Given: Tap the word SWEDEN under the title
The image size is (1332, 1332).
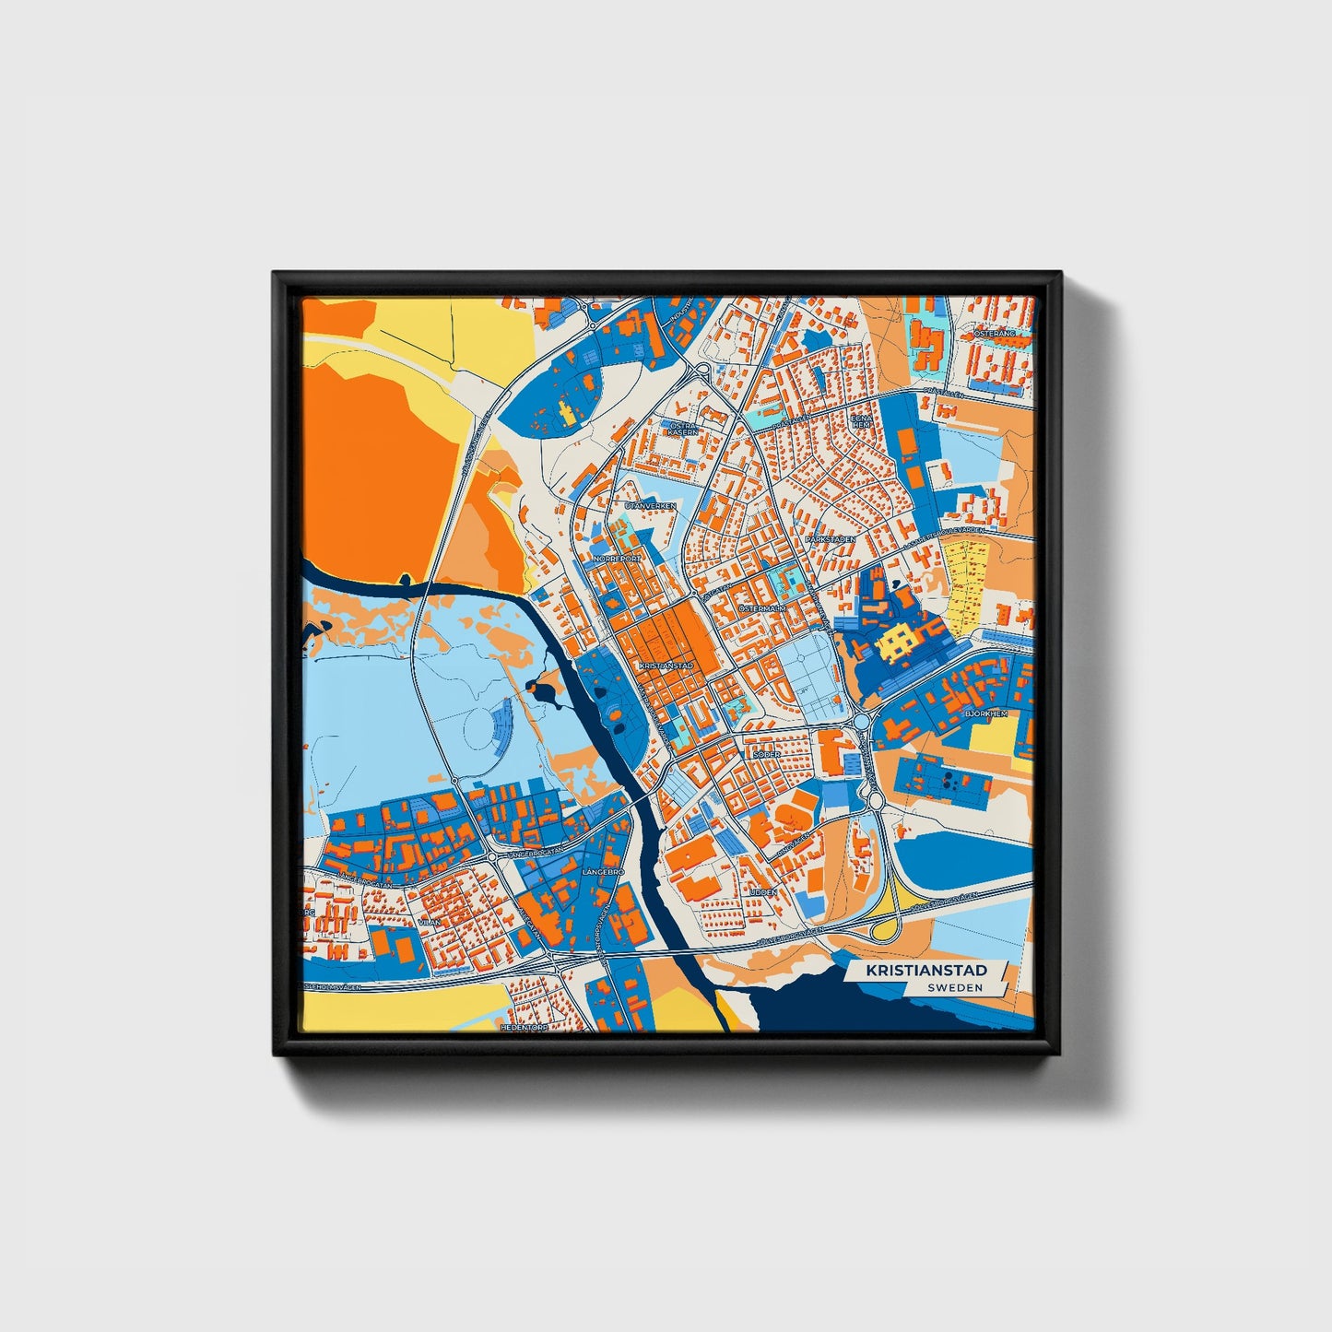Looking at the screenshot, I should coord(955,987).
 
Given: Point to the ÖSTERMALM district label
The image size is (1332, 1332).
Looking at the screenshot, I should coord(762,609).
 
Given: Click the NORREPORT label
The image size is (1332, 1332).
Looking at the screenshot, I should coord(617,559).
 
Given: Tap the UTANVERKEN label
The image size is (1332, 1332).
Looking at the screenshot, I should coord(650,506).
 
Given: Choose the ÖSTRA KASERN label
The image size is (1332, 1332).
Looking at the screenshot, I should coord(683,427).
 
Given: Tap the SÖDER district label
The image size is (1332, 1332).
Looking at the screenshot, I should coord(767,754).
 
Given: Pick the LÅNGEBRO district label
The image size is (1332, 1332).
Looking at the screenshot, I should coord(604,871).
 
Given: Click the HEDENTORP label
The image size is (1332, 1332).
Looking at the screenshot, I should coord(524,1026).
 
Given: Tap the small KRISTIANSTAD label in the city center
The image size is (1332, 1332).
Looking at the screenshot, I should coord(665,665).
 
